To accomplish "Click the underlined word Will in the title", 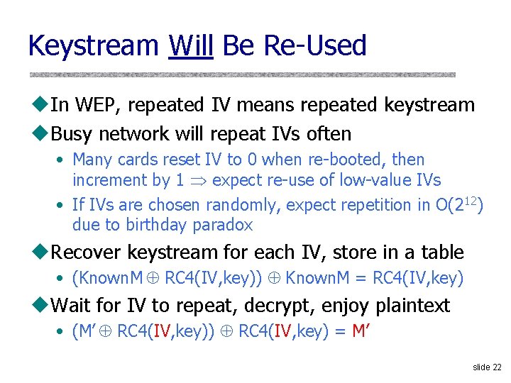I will click(x=191, y=46).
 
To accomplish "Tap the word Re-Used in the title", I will click(x=314, y=46).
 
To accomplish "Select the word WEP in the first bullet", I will click(x=96, y=105).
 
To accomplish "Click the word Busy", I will click(x=75, y=133).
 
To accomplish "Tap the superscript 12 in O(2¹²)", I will click(x=471, y=201).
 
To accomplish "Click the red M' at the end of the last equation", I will click(x=361, y=331).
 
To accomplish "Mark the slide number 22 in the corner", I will click(x=496, y=367).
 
